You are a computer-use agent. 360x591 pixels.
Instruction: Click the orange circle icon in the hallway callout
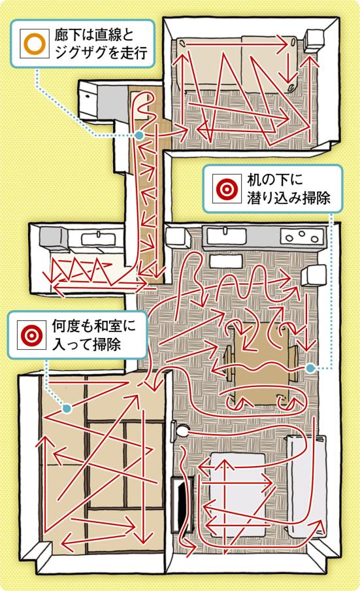(x=35, y=44)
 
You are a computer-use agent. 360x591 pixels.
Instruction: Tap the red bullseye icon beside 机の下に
(x=227, y=188)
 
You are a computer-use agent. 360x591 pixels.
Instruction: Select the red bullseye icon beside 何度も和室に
(x=31, y=334)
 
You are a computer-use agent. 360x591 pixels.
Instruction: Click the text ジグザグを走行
(x=101, y=52)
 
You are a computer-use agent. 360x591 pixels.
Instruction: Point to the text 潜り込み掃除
(x=288, y=197)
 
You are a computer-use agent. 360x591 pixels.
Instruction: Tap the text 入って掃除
(x=86, y=344)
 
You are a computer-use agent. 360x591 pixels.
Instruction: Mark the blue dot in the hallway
(x=139, y=135)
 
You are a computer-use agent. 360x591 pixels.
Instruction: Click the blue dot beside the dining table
(x=310, y=368)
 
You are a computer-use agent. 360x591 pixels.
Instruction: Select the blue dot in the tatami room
(x=67, y=408)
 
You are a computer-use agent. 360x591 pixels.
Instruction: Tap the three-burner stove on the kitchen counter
(x=302, y=237)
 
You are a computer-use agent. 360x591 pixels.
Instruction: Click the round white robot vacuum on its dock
(x=183, y=430)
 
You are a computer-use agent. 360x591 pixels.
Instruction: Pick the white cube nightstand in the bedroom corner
(x=314, y=40)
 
